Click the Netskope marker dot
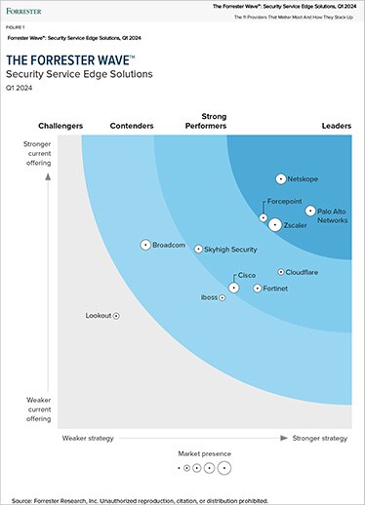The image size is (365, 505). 280,179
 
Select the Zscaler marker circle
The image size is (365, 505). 275,224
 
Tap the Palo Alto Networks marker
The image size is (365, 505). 310,211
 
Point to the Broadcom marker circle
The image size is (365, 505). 145,245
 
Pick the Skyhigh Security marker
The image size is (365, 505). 198,250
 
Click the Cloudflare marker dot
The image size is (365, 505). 281,273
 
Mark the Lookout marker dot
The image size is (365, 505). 116,316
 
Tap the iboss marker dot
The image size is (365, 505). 223,297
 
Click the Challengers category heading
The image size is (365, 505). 61,127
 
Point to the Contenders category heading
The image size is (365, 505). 132,127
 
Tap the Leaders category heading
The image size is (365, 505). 336,127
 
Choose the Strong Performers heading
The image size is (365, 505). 206,121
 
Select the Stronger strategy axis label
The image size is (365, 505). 319,439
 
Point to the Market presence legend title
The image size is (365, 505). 205,454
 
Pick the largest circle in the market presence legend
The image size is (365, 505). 225,468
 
